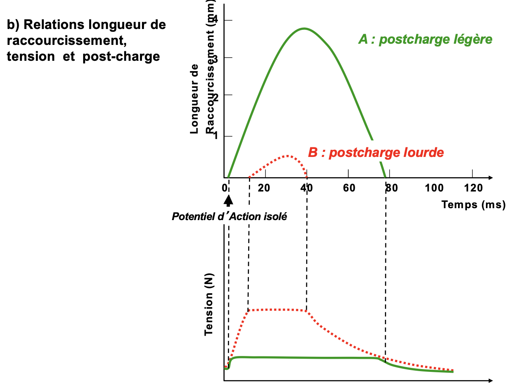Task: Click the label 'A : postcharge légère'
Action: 425,39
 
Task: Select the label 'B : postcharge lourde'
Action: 376,153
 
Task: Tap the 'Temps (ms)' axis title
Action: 473,205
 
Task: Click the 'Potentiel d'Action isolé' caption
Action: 229,217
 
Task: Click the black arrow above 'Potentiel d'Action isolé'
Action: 228,199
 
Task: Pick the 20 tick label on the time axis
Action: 264,188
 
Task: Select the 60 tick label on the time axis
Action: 349,188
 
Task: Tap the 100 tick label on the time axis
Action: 434,188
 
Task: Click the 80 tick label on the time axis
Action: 392,188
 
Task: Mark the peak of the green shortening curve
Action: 304,29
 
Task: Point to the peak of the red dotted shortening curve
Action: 287,156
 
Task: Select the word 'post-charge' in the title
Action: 121,56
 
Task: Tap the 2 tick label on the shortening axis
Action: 216,95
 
